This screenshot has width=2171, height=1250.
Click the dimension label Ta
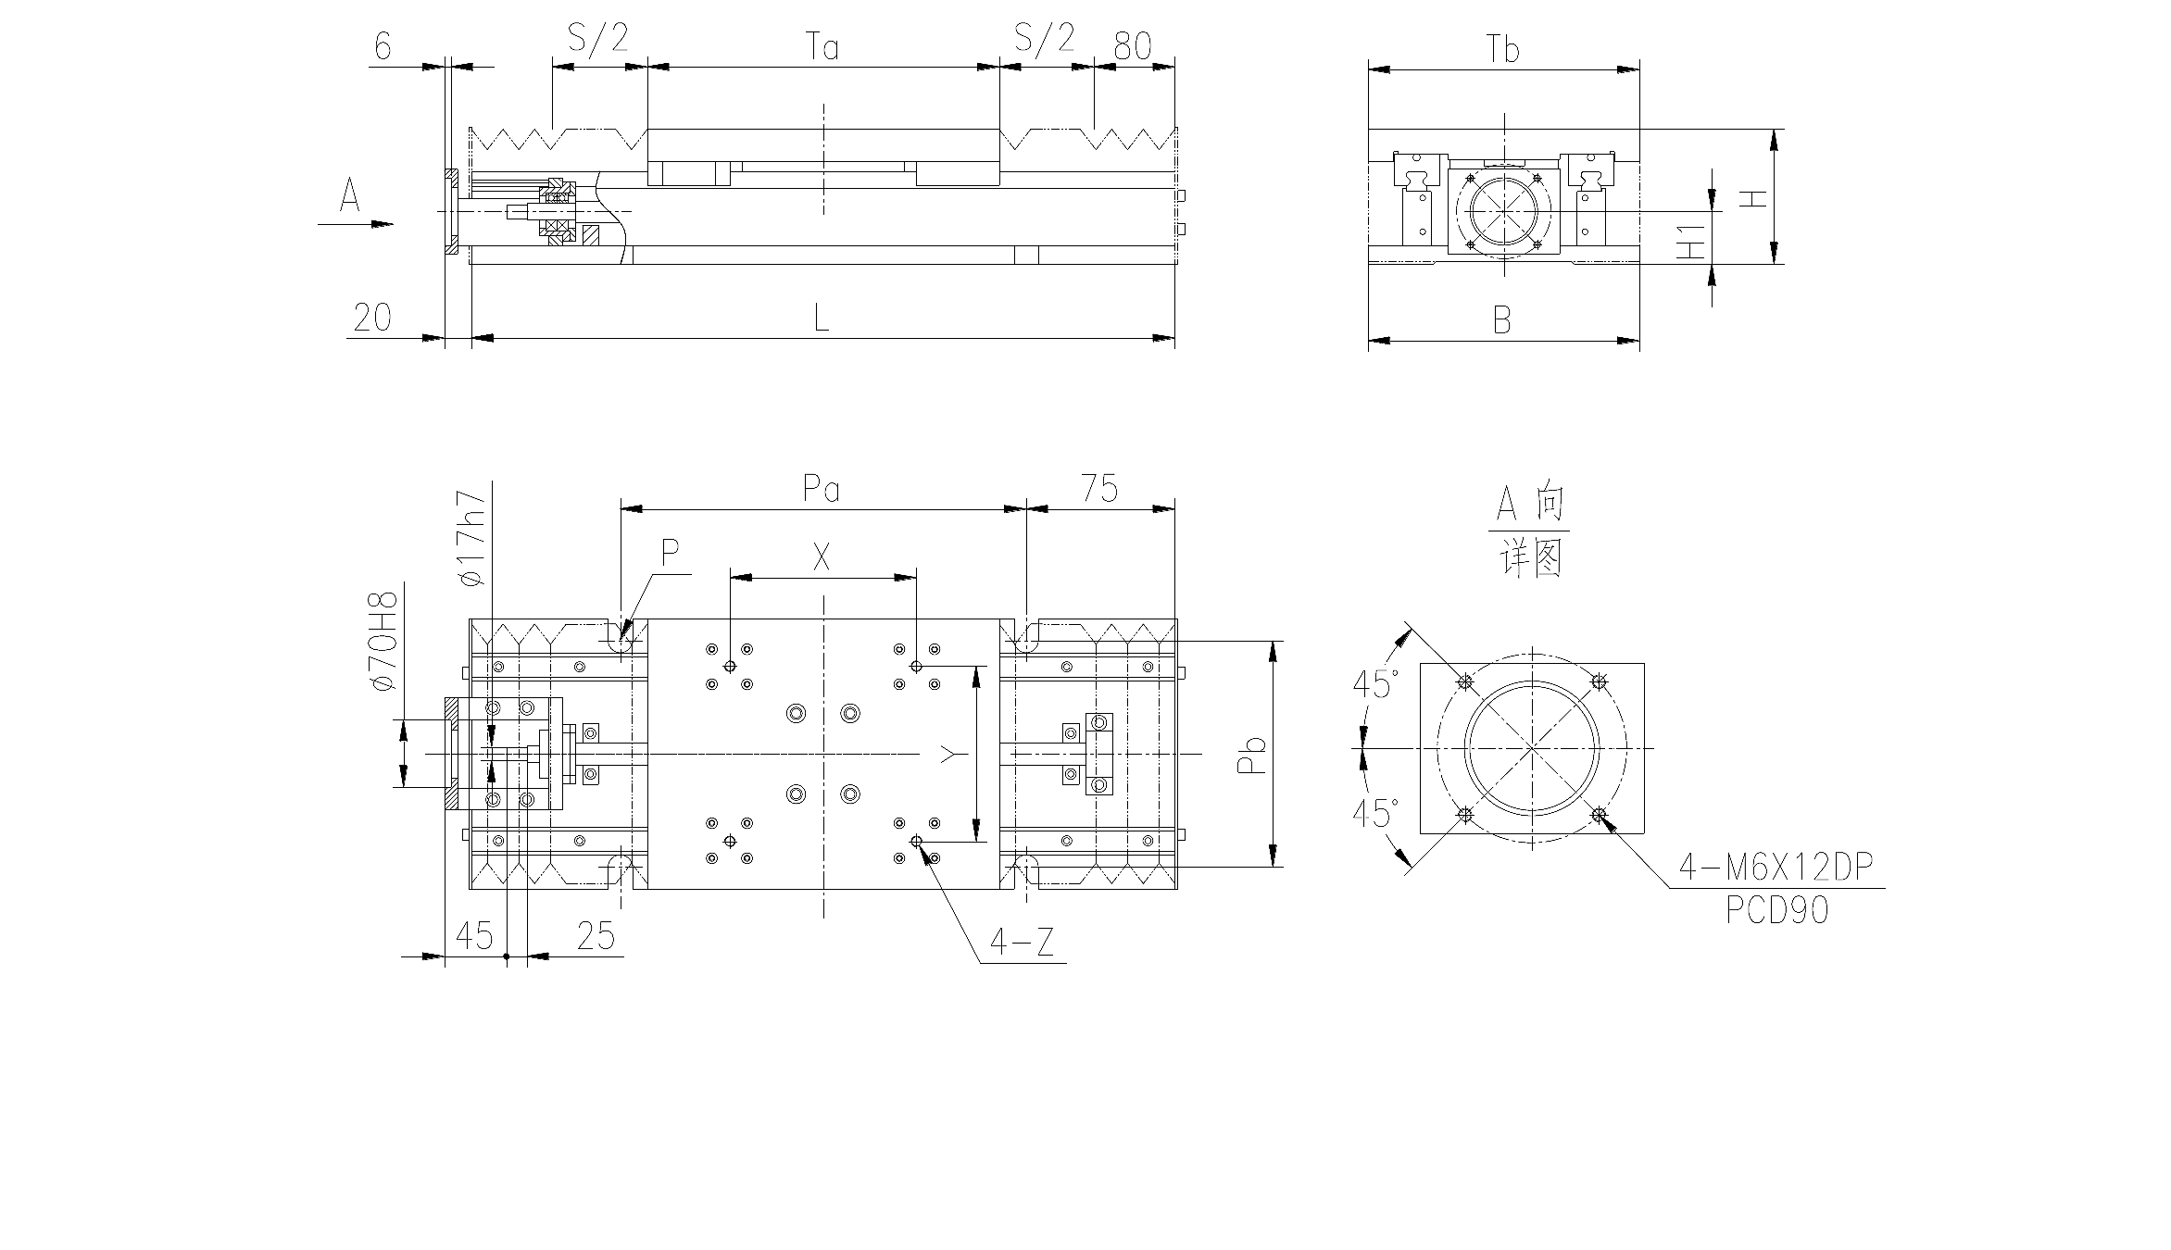pos(822,45)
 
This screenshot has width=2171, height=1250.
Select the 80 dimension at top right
pos(1133,45)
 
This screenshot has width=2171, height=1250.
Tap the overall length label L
pos(821,318)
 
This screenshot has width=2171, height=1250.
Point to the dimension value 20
pos(372,318)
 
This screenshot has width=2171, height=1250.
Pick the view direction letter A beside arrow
pos(349,196)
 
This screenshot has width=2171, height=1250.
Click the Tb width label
pos(1503,49)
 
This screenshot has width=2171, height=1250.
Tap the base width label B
pos(1502,320)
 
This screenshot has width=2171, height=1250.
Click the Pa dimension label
pos(822,488)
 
